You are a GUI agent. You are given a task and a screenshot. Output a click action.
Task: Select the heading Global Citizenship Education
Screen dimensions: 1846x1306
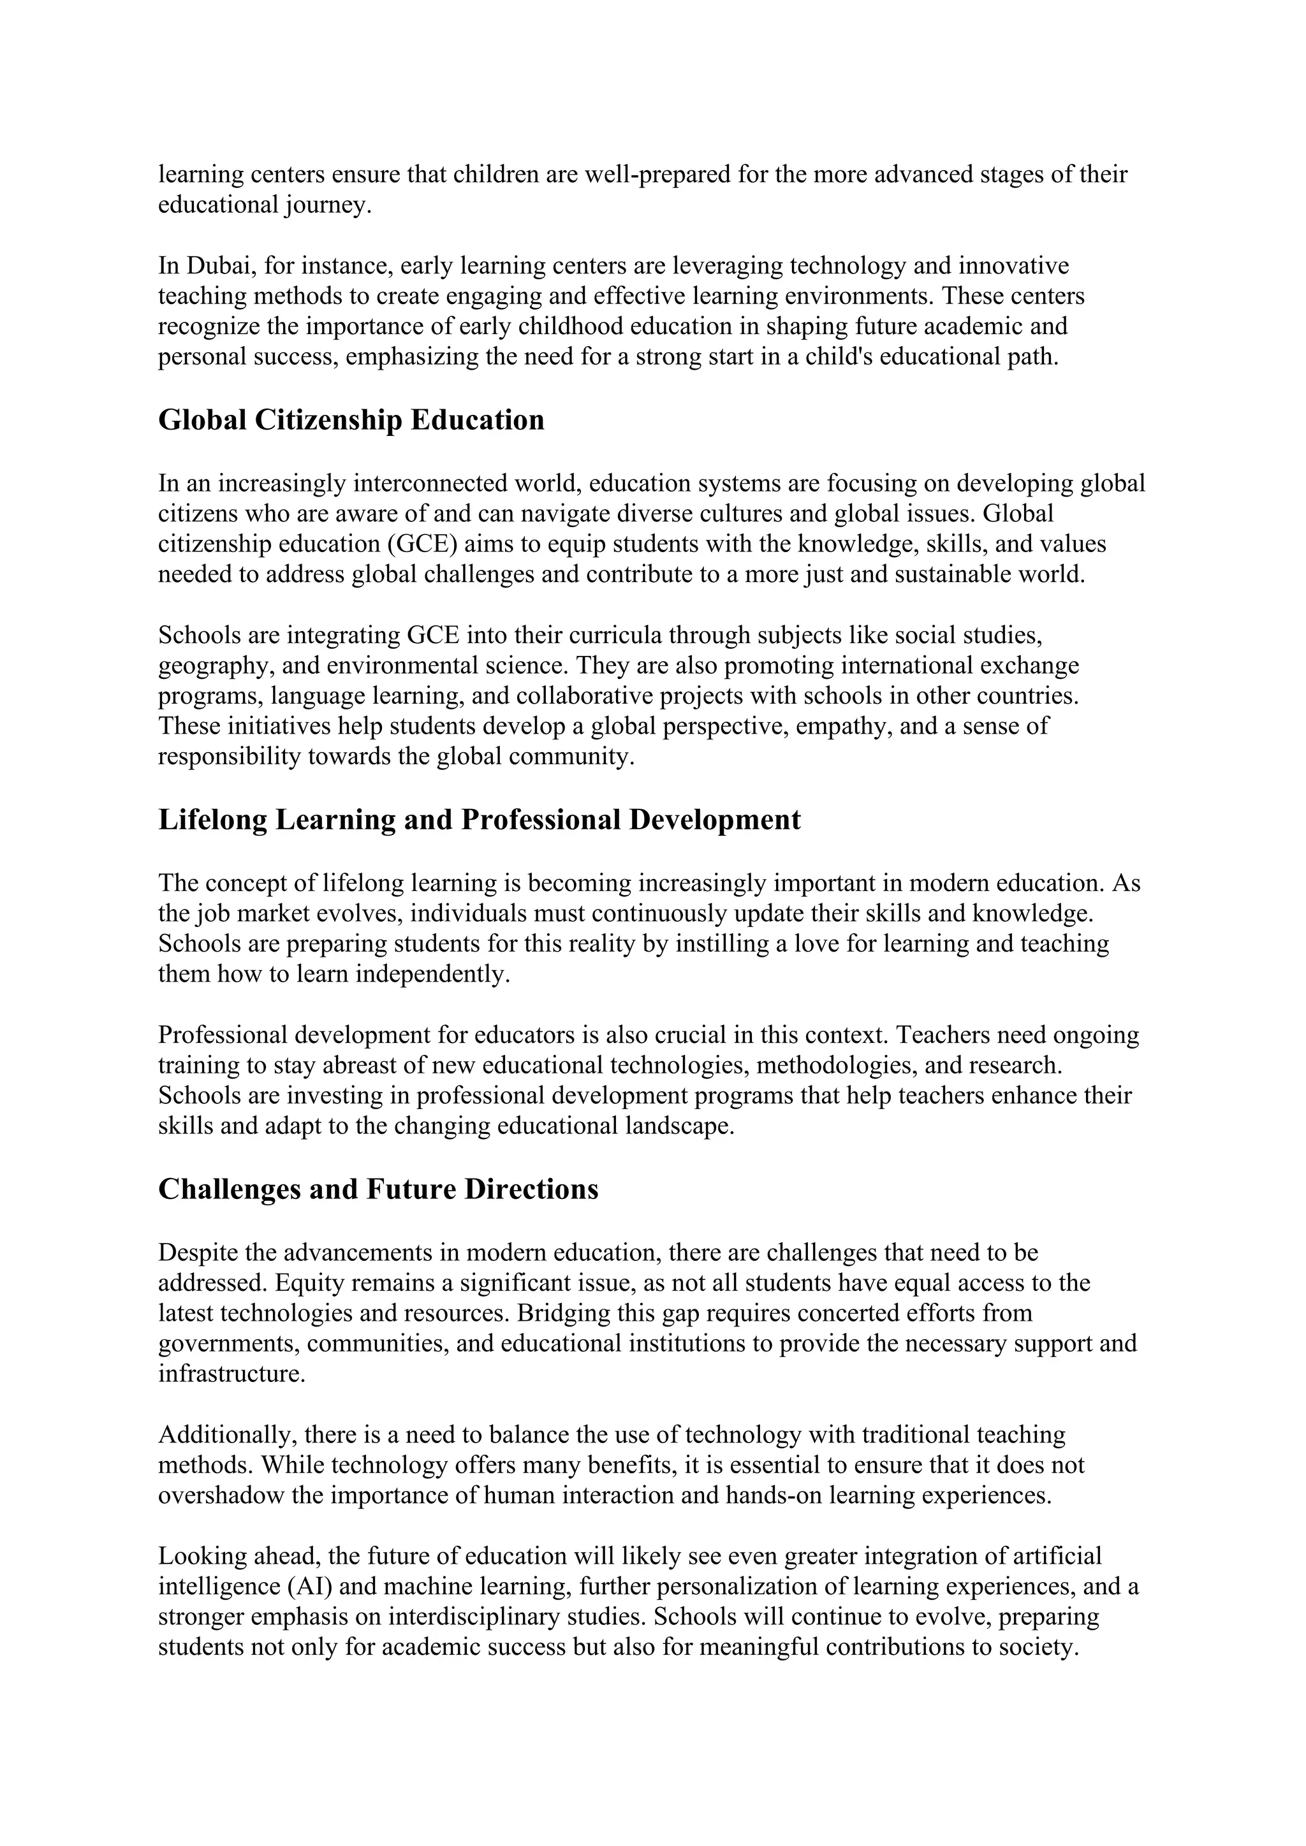point(351,419)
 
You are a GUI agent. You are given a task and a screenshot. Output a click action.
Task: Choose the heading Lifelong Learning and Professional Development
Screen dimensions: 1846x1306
point(480,819)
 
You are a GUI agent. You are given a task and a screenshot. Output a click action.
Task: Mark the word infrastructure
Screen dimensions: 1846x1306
point(231,1374)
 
